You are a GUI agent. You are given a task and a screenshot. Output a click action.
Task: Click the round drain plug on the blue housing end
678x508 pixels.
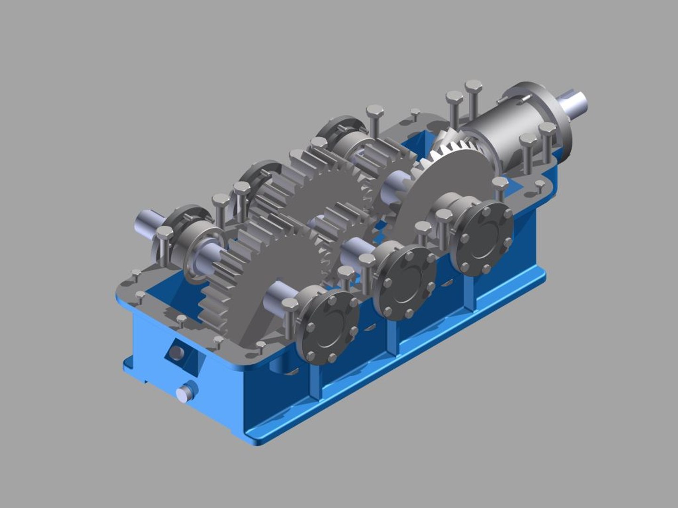point(185,392)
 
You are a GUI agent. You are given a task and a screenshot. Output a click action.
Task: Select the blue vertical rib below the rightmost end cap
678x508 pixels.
point(471,294)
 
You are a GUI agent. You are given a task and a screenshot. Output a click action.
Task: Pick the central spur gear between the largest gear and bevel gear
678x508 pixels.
point(330,198)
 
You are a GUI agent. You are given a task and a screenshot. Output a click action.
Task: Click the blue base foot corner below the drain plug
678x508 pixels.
point(250,437)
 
